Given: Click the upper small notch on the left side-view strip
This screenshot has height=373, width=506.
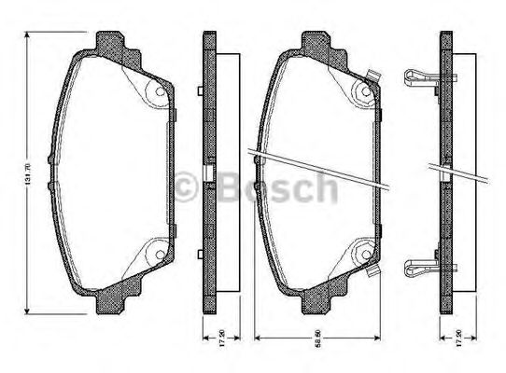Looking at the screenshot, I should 201,90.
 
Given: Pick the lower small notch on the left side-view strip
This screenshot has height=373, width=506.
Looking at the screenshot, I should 201,253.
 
